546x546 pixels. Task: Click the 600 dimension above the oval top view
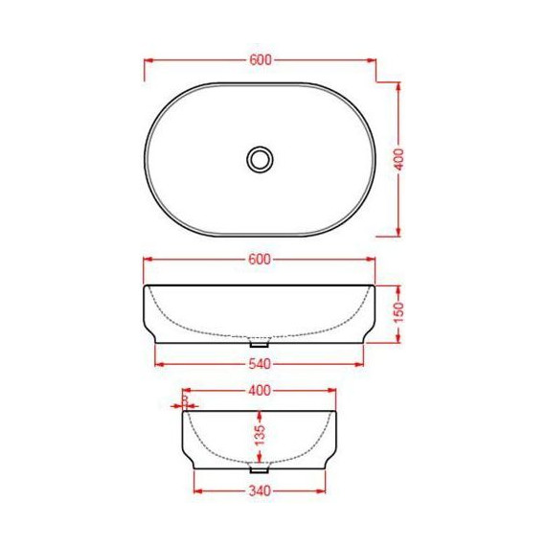tap(259, 59)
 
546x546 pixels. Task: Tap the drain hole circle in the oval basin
tap(259, 158)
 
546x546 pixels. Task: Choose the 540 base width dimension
tap(259, 364)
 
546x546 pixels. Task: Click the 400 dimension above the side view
tap(259, 391)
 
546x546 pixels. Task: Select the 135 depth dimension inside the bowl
tap(259, 436)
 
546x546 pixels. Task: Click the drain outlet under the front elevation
tap(259, 341)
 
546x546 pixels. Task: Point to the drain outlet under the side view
tap(259, 469)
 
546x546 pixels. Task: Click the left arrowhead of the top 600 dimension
tap(147, 59)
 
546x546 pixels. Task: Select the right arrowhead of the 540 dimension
tap(361, 364)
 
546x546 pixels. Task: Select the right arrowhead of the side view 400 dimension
tap(331, 391)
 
